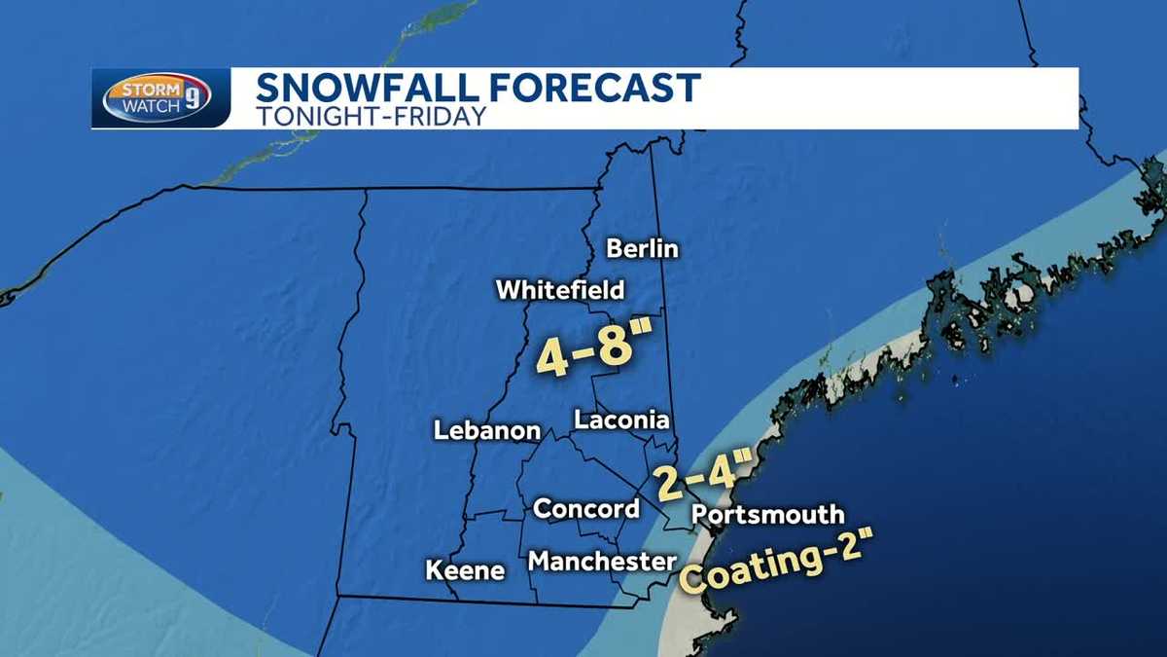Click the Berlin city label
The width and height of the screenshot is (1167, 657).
[x=642, y=249]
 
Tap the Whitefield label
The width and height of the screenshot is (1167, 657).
[x=560, y=290]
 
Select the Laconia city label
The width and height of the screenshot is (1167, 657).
[x=622, y=420]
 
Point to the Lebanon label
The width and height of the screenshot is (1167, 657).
[x=486, y=430]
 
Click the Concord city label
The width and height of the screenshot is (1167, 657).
[x=586, y=508]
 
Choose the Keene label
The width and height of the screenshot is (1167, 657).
[x=466, y=570]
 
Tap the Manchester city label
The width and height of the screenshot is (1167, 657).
[x=602, y=562]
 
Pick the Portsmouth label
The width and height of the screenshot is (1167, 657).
[x=768, y=515]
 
